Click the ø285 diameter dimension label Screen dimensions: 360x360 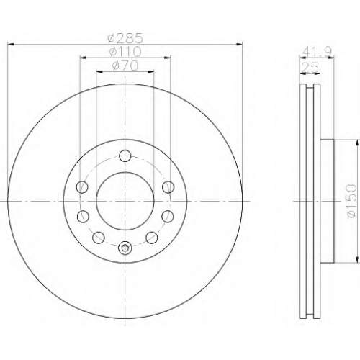click(125, 38)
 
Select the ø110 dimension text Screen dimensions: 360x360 click(125, 51)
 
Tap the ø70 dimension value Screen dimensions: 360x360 click(125, 66)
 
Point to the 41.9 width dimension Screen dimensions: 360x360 click(317, 51)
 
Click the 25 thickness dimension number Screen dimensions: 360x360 click(310, 68)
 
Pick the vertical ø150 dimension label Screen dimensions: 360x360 click(352, 201)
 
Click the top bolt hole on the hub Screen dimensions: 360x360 click(125, 156)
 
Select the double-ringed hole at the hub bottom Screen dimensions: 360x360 click(125, 248)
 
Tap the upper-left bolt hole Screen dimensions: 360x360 click(82, 187)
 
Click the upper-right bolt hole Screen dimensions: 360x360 click(168, 187)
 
